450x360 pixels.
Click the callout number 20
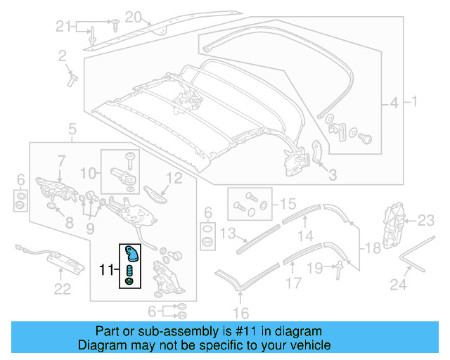tap(133, 16)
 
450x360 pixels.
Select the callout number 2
tap(62, 55)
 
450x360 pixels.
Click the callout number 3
tap(333, 174)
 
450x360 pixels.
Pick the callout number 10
tap(89, 172)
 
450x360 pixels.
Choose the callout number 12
tap(174, 178)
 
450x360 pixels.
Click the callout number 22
tap(63, 288)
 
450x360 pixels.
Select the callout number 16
tap(241, 313)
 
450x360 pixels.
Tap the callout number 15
tap(288, 205)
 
